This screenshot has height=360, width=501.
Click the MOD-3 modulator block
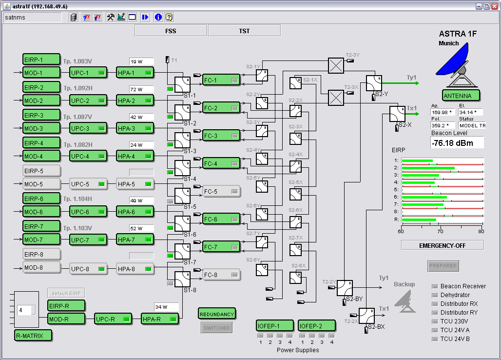tap(41, 128)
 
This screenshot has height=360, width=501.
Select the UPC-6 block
tap(88, 212)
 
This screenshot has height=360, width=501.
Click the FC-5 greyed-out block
tap(222, 192)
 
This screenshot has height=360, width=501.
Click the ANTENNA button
tap(461, 96)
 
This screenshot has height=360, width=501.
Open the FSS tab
tap(171, 31)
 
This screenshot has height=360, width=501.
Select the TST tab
tap(244, 31)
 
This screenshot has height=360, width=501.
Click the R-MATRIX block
tap(33, 335)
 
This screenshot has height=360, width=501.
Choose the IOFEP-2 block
tap(317, 325)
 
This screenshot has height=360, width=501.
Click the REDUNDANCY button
tap(217, 314)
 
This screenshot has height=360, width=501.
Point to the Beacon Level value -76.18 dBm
tap(457, 142)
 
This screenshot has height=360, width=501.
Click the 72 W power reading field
tap(141, 89)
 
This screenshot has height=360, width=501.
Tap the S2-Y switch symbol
tap(374, 83)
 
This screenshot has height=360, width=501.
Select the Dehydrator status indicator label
tap(455, 295)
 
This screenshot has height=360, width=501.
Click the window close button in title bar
tap(494, 6)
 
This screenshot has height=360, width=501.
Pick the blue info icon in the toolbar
tap(158, 17)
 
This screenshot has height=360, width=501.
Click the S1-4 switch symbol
tap(182, 168)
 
